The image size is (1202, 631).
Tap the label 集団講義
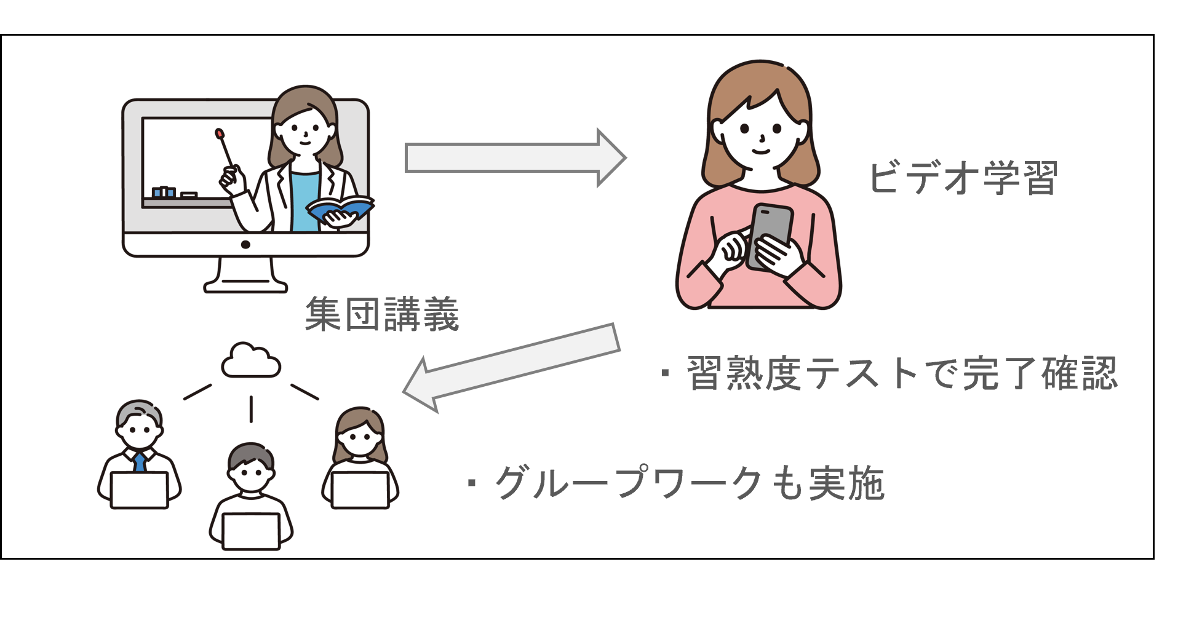click(382, 314)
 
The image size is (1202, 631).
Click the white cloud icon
click(250, 361)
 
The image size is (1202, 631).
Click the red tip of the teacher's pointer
click(218, 132)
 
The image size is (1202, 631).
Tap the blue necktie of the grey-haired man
click(140, 461)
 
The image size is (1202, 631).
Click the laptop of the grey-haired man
click(139, 490)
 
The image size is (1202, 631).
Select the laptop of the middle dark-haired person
click(252, 530)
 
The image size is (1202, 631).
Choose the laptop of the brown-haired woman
click(360, 490)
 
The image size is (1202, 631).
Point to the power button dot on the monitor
click(245, 244)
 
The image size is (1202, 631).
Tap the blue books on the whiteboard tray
click(164, 192)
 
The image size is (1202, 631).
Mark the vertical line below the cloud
click(251, 409)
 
